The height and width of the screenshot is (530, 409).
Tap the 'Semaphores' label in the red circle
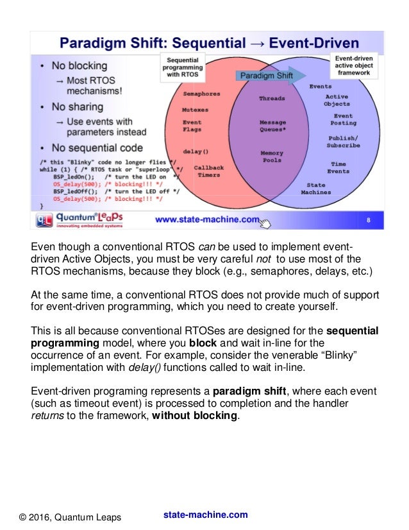point(202,94)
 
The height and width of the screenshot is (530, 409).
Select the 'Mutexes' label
point(195,110)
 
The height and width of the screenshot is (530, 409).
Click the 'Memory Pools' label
point(272,157)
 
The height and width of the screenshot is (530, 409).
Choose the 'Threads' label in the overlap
point(272,99)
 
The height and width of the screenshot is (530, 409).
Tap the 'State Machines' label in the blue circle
point(316,189)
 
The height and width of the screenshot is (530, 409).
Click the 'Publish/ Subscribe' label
point(344,142)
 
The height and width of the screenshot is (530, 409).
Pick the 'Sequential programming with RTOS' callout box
point(182,65)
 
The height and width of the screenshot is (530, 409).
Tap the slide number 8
point(369,220)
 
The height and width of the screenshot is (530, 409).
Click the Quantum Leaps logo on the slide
point(79,220)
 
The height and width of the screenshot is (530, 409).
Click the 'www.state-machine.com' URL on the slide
point(206,220)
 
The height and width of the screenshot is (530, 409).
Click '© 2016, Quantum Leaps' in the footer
point(69,517)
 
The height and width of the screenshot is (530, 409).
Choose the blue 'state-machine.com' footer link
point(205,515)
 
